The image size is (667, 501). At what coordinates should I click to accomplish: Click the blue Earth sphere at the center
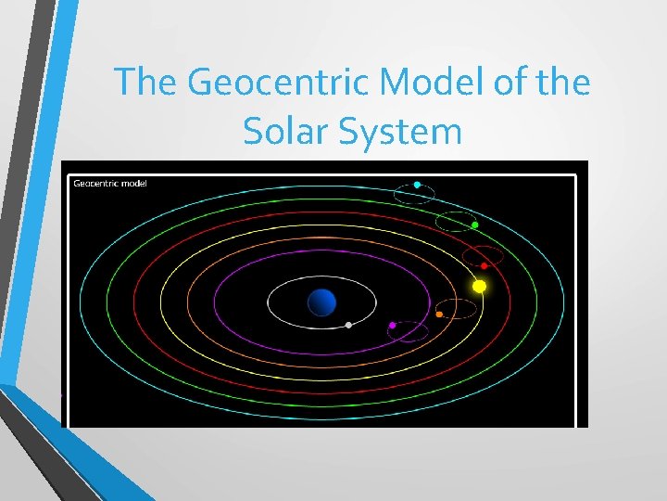pos(321,302)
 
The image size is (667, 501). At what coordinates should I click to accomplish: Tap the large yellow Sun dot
pos(479,286)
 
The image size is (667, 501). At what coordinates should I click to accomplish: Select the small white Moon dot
pos(347,325)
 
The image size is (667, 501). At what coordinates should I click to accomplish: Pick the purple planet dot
pos(392,326)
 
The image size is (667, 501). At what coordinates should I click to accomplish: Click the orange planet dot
pos(439,315)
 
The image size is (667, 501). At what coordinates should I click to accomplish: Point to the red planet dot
pos(484,266)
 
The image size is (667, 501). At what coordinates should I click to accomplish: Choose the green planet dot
pos(474,225)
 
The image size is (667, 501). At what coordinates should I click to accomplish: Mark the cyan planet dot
pos(417,186)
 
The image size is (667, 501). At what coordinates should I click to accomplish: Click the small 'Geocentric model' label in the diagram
pos(110,183)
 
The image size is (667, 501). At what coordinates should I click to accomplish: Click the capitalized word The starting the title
pos(145,83)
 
